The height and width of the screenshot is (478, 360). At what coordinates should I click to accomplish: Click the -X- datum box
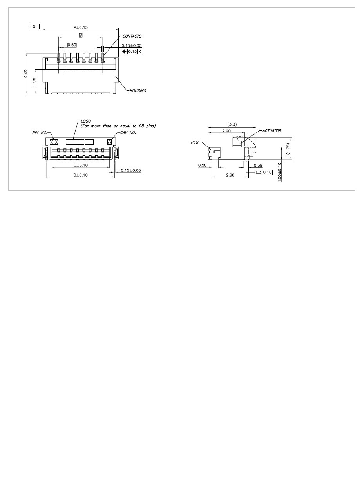click(34, 27)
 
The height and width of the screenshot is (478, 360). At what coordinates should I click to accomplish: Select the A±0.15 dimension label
click(81, 27)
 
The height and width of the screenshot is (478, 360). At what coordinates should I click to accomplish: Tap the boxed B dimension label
click(80, 35)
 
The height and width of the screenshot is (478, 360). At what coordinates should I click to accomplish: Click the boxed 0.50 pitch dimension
click(72, 45)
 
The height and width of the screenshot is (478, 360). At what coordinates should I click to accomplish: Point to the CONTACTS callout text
click(132, 36)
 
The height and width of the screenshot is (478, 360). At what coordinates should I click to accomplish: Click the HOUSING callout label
click(137, 90)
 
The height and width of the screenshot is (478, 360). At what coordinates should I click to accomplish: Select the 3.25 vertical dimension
click(25, 73)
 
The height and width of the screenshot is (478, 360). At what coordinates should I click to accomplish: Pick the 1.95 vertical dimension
click(34, 81)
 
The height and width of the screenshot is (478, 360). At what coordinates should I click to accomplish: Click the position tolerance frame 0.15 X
click(132, 51)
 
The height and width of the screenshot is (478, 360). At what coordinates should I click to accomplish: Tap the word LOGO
click(85, 121)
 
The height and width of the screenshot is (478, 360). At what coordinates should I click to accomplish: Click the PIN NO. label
click(39, 133)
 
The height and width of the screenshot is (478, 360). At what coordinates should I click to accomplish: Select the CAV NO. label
click(128, 133)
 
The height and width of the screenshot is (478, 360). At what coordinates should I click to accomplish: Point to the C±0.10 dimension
click(80, 165)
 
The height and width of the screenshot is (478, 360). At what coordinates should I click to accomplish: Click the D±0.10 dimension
click(80, 175)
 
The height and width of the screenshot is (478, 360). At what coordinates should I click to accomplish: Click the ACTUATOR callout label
click(272, 130)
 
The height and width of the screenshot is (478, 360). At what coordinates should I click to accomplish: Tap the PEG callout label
click(195, 143)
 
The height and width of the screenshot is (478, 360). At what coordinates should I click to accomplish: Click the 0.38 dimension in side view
click(258, 165)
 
